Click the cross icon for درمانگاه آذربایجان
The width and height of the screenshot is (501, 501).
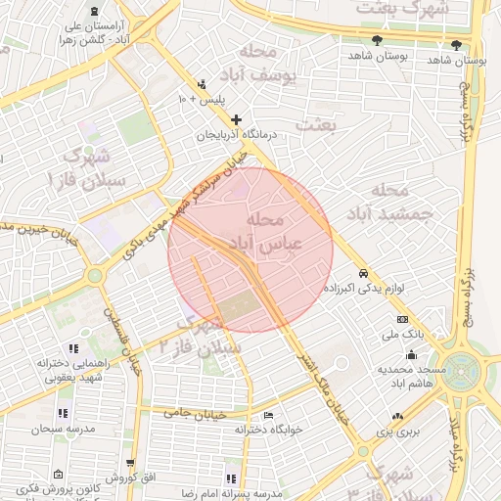pos(236,119)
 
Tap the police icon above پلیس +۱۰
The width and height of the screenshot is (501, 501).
pos(202,84)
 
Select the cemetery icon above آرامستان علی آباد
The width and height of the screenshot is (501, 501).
pos(93,10)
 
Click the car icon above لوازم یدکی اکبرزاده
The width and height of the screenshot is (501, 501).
pos(364,273)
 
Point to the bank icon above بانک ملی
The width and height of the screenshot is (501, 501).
pos(402,320)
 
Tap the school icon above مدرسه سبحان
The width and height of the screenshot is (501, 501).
pos(63,413)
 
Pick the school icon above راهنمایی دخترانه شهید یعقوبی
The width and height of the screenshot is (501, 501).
pos(73,347)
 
